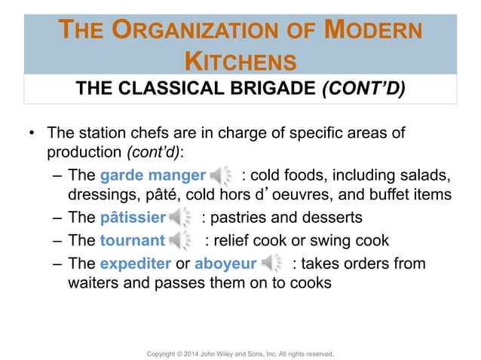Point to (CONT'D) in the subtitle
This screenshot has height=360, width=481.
pos(363,90)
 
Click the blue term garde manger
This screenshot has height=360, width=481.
pos(152,175)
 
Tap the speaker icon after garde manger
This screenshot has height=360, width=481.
pos(222,176)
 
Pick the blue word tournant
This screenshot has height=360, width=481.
pos(131,240)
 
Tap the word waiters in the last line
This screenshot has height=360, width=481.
pos(91,285)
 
